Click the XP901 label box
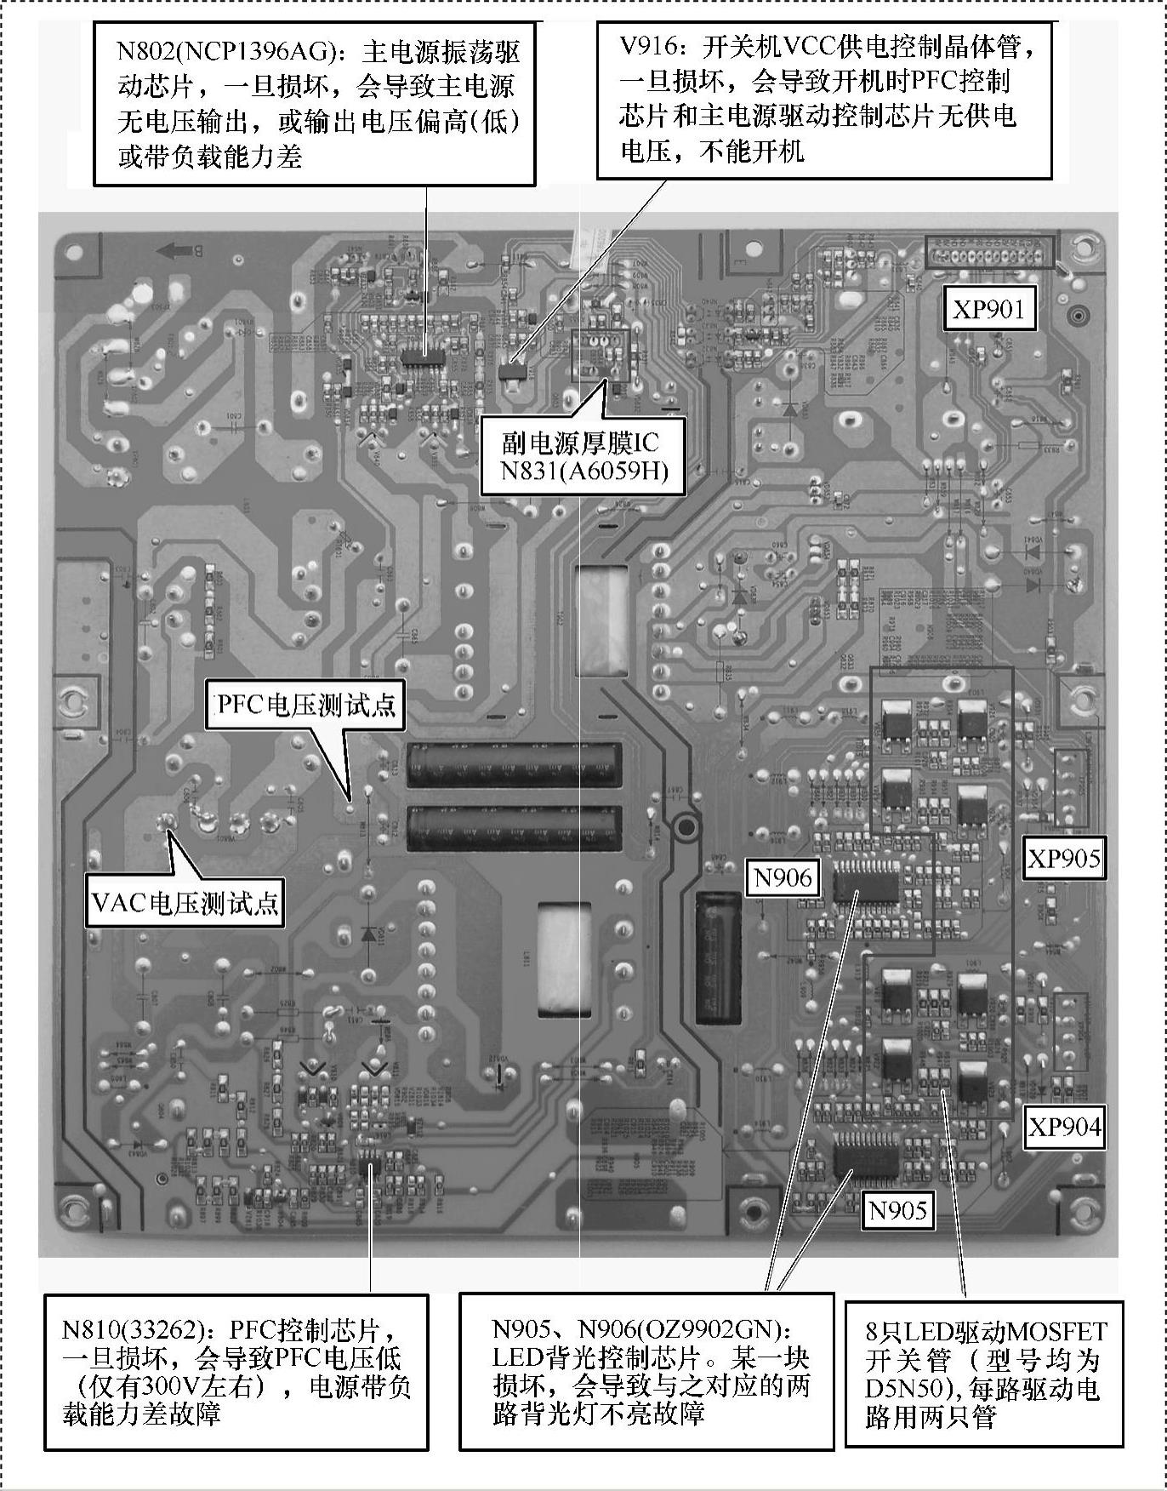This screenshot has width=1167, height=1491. point(988,308)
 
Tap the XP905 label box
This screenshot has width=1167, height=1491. point(1063,859)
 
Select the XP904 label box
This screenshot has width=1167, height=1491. point(1064,1127)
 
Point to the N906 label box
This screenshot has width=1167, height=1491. point(783,877)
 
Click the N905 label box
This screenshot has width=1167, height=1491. point(897,1209)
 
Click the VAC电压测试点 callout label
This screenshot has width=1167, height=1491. point(185,903)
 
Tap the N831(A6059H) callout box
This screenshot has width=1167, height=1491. point(583,457)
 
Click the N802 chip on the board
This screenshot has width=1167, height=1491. point(418,355)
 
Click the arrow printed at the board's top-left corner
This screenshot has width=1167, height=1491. point(175,250)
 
